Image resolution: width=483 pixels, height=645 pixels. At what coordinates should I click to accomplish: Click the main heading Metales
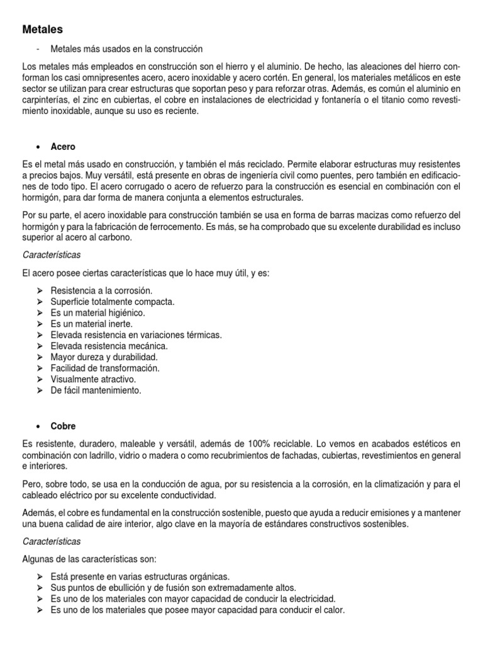(42, 29)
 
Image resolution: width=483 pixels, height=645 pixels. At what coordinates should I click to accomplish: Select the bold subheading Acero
(63, 146)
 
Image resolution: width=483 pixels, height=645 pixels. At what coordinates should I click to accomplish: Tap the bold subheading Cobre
(63, 426)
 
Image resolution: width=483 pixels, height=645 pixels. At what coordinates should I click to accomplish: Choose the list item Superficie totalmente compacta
(113, 302)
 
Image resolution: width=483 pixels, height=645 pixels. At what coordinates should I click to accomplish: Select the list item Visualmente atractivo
(93, 379)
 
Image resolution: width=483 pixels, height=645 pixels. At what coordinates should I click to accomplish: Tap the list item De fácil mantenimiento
(96, 391)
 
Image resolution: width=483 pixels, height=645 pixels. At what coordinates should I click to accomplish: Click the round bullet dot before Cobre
(38, 426)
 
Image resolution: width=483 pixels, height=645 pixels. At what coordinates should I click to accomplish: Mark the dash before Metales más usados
(38, 49)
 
